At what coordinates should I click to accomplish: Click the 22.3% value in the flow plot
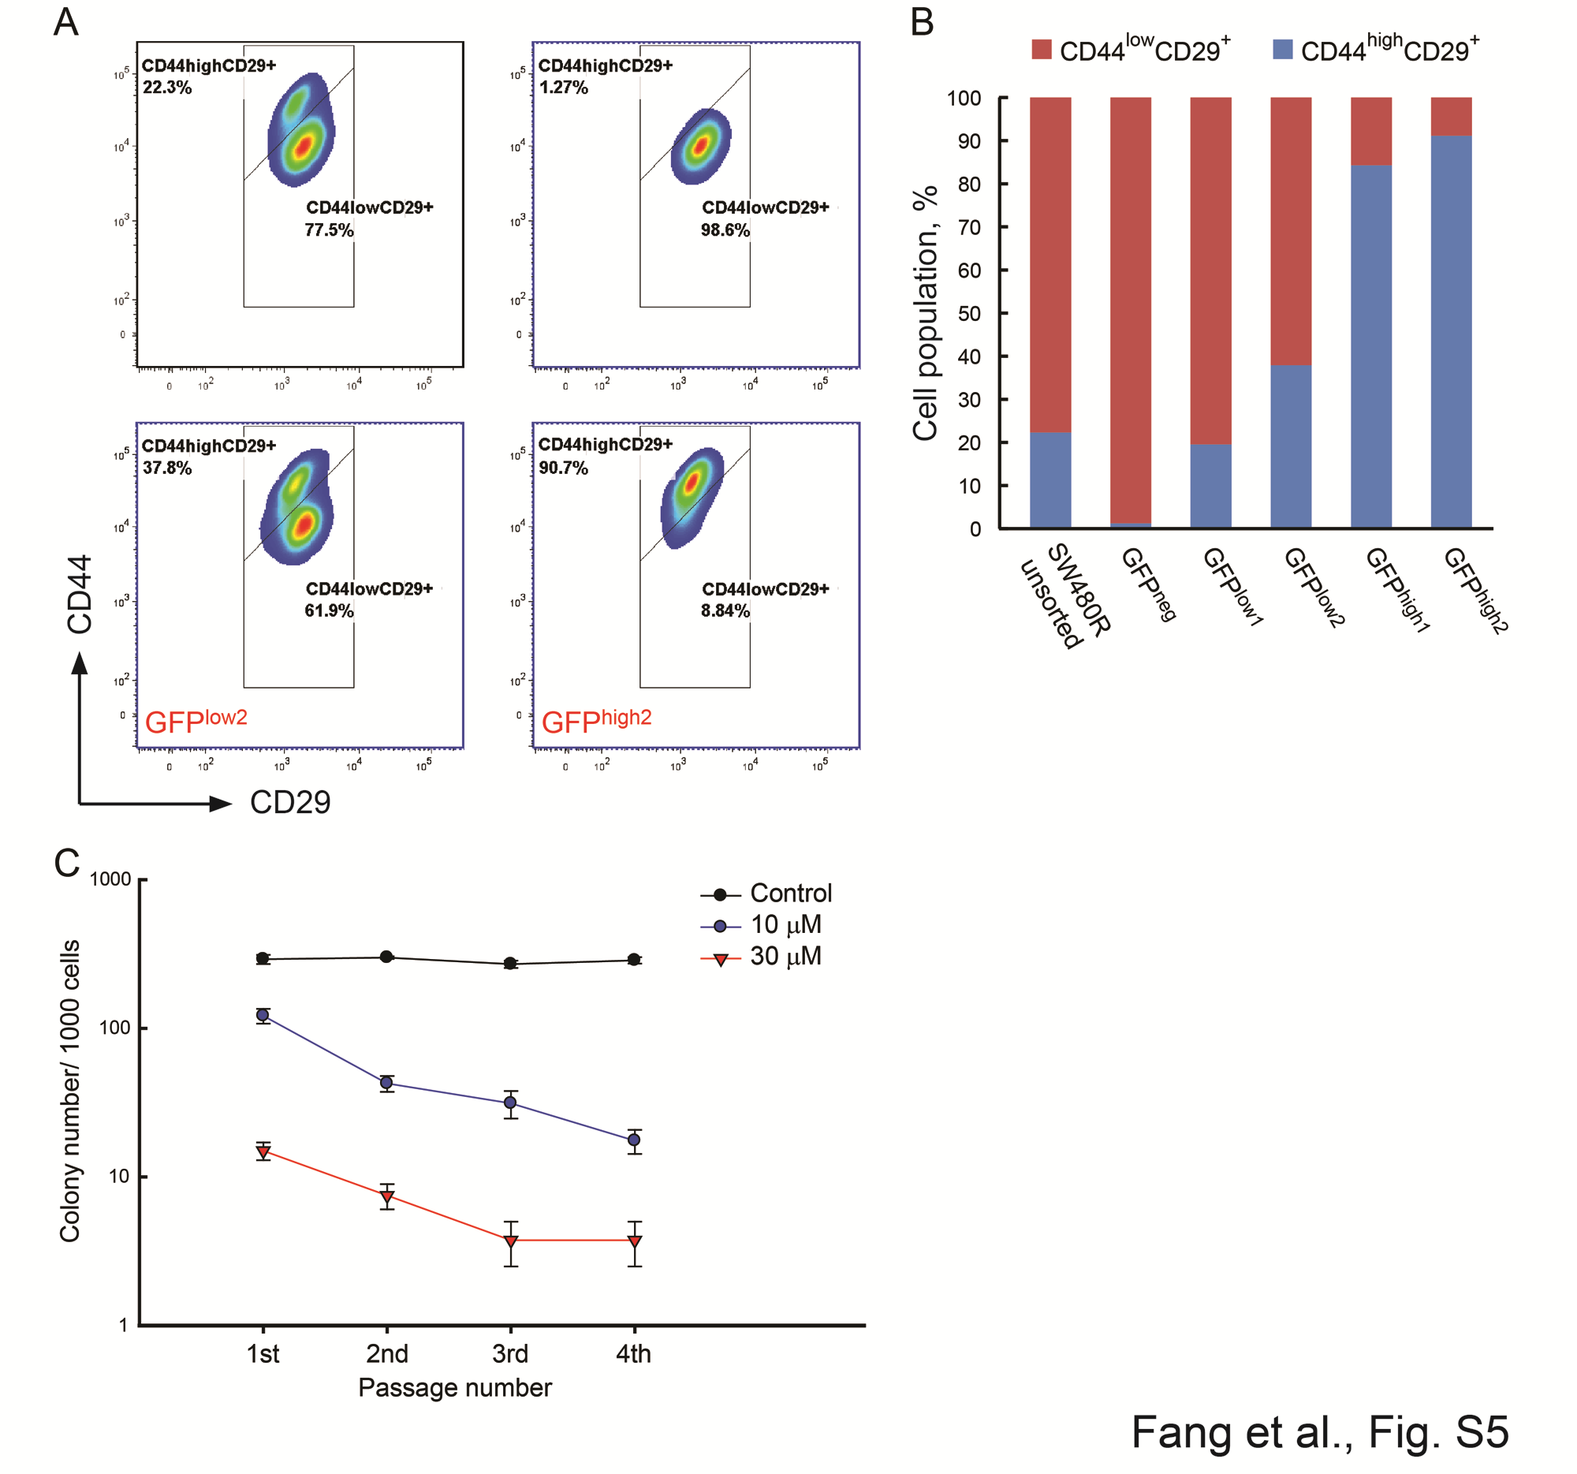click(x=167, y=88)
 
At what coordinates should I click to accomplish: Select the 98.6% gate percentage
click(x=725, y=230)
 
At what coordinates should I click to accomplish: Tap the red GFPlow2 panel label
click(x=196, y=720)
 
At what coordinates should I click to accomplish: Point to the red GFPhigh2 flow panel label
click(x=596, y=720)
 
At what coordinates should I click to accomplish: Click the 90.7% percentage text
click(x=563, y=468)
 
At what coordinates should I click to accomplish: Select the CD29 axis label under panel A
click(x=289, y=802)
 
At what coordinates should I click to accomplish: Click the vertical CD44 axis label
click(x=80, y=594)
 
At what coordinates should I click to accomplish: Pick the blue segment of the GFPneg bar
click(x=1130, y=525)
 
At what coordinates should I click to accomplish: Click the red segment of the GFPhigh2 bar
click(x=1451, y=116)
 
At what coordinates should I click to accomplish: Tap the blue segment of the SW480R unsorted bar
click(x=1049, y=480)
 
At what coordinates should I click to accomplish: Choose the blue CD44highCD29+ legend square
click(x=1282, y=49)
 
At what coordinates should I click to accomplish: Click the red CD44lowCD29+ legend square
click(x=1041, y=49)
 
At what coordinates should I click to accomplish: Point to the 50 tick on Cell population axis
click(x=968, y=313)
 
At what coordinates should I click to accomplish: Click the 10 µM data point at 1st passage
click(x=263, y=1015)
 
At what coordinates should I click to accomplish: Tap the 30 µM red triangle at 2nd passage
click(x=386, y=1196)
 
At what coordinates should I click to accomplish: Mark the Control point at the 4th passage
click(x=634, y=959)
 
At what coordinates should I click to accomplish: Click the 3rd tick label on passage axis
click(x=509, y=1353)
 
